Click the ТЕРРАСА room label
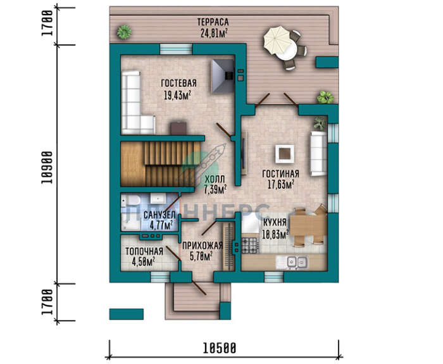213,22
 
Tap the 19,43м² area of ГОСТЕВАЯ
177,95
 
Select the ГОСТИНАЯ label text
280,173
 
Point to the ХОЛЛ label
215,179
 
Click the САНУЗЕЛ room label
159,215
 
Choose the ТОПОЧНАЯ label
144,251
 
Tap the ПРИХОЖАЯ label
203,246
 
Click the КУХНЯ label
275,222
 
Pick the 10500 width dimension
219,348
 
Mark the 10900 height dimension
47,168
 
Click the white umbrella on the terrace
277,41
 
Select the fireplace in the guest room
223,77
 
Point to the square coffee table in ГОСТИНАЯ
285,154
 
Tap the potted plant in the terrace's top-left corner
124,32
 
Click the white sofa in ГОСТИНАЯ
319,153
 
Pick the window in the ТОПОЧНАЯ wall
160,277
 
